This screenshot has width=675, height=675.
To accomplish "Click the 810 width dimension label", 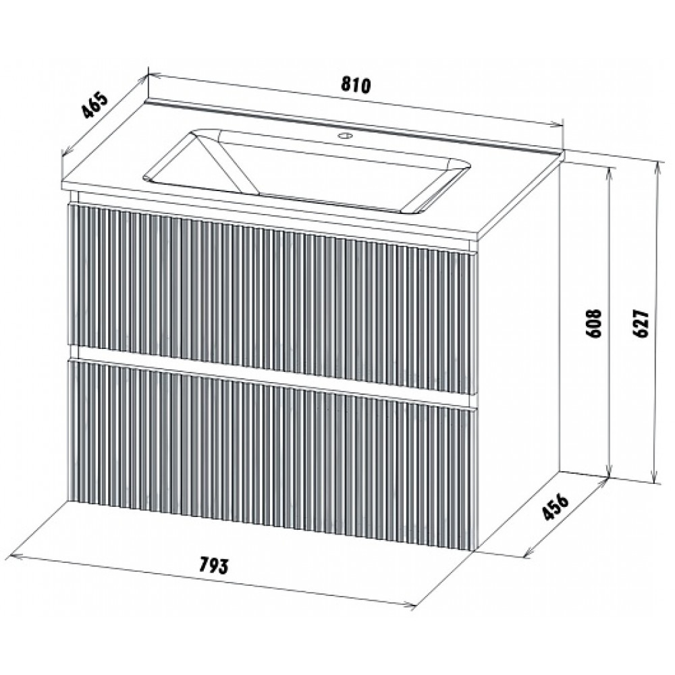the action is (356, 85).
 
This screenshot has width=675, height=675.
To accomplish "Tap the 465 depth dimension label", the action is (94, 105).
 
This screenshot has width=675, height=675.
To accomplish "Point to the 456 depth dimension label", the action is (556, 507).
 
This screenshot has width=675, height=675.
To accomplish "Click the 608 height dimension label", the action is (595, 323).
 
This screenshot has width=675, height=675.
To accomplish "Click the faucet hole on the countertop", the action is (345, 136).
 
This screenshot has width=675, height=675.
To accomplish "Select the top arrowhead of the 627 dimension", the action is (657, 165).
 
